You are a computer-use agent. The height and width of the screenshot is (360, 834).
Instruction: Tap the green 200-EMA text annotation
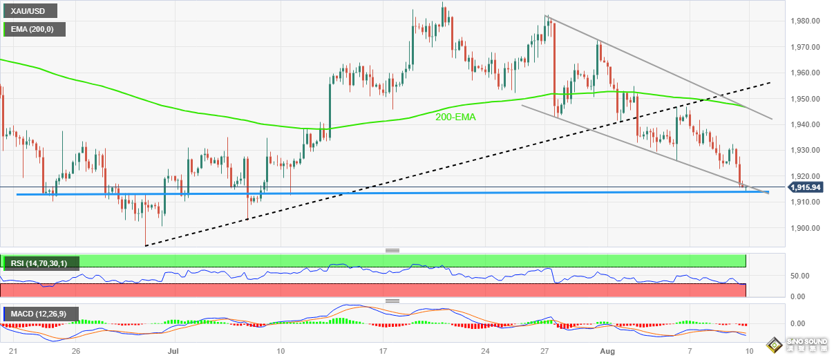(455, 117)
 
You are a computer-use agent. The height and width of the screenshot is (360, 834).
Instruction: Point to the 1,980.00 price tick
(805, 21)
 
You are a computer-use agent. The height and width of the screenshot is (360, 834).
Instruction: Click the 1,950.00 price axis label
(805, 99)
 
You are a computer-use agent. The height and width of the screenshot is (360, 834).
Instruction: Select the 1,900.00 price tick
(805, 228)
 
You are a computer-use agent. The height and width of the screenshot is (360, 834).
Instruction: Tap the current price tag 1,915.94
(805, 187)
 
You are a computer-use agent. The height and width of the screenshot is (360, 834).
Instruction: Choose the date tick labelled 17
(383, 351)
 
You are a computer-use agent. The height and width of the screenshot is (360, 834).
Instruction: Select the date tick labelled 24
(486, 351)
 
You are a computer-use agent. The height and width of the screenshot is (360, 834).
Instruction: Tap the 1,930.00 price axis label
(805, 151)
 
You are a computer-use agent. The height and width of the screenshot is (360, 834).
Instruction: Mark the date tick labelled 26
(76, 351)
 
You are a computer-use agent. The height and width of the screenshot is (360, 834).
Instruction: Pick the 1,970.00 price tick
(805, 47)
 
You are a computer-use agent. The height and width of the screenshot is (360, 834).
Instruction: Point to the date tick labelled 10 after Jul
(281, 351)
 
